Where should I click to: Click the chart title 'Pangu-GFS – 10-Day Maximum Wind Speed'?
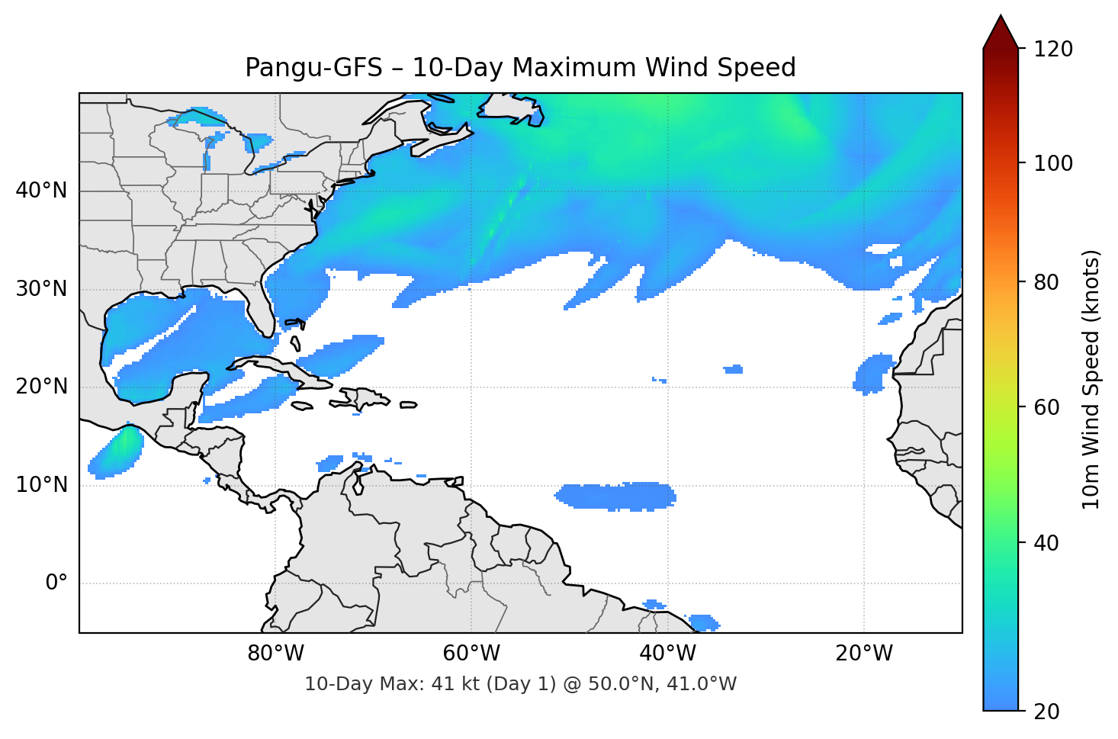pos(520,68)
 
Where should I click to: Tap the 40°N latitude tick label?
pos(41,191)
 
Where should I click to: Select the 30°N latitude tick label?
pos(41,289)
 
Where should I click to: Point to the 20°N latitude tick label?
pos(41,387)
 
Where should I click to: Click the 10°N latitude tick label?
pos(41,485)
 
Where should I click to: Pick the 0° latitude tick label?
pos(56,583)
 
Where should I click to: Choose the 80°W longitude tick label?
pos(275,654)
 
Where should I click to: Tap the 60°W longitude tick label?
pos(471,654)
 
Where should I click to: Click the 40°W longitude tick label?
pos(667,654)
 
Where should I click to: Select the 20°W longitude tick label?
pos(863,654)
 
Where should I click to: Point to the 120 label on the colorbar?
pos(1053,50)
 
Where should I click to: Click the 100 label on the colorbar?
pos(1053,163)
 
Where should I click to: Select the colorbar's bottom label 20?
pos(1046,712)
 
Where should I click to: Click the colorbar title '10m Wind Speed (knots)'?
pos(1091,380)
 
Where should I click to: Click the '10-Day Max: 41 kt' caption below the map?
pos(520,684)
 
